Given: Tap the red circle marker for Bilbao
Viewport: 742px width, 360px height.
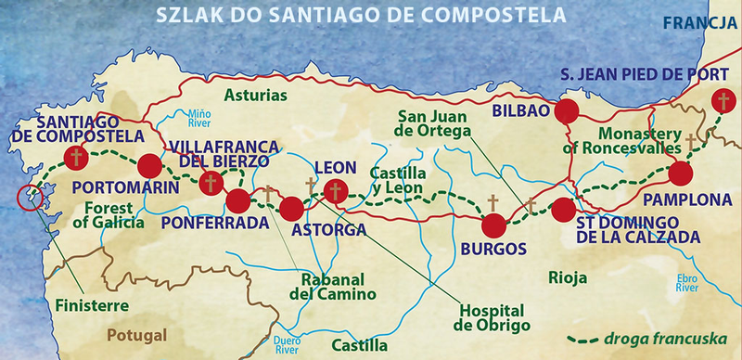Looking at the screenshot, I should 566,112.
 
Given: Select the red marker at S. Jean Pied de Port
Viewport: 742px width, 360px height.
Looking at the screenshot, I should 723,100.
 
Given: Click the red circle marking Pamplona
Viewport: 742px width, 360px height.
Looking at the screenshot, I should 681,173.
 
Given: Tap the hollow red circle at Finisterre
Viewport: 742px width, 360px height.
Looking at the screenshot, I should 29,197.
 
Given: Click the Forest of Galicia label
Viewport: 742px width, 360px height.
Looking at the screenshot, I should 113,215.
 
